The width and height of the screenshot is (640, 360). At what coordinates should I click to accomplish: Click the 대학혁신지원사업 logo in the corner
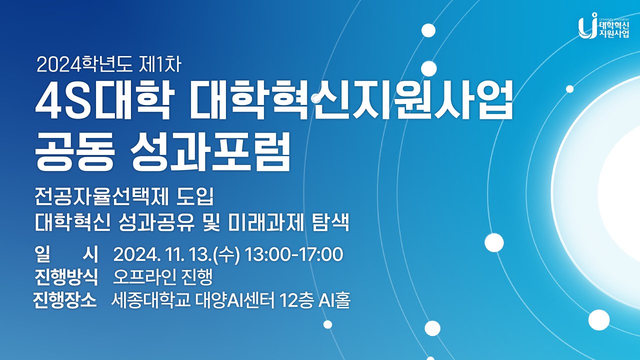pyautogui.click(x=603, y=26)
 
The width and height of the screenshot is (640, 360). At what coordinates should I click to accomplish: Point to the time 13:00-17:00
pyautogui.click(x=294, y=255)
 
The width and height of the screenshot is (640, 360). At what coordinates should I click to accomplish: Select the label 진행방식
pyautogui.click(x=66, y=276)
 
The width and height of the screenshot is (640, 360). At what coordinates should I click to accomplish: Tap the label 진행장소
pyautogui.click(x=64, y=301)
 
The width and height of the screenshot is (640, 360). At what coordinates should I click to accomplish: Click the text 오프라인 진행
pyautogui.click(x=163, y=276)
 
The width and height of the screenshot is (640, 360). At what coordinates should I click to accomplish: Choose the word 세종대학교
pyautogui.click(x=150, y=301)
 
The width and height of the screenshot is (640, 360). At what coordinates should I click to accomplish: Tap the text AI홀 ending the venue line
pyautogui.click(x=334, y=301)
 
